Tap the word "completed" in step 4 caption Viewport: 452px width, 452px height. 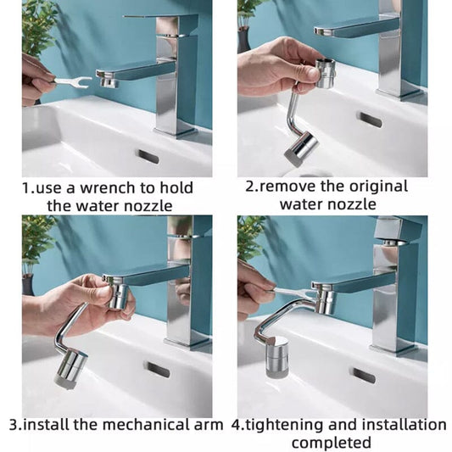(332, 443)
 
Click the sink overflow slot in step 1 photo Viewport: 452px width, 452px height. (148, 157)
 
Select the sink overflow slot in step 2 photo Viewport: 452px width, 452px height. (370, 120)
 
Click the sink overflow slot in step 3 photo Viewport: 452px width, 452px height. (158, 370)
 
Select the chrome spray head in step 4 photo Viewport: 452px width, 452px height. (276, 354)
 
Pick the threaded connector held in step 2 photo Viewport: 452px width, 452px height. (325, 74)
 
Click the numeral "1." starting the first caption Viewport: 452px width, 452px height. (28, 187)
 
